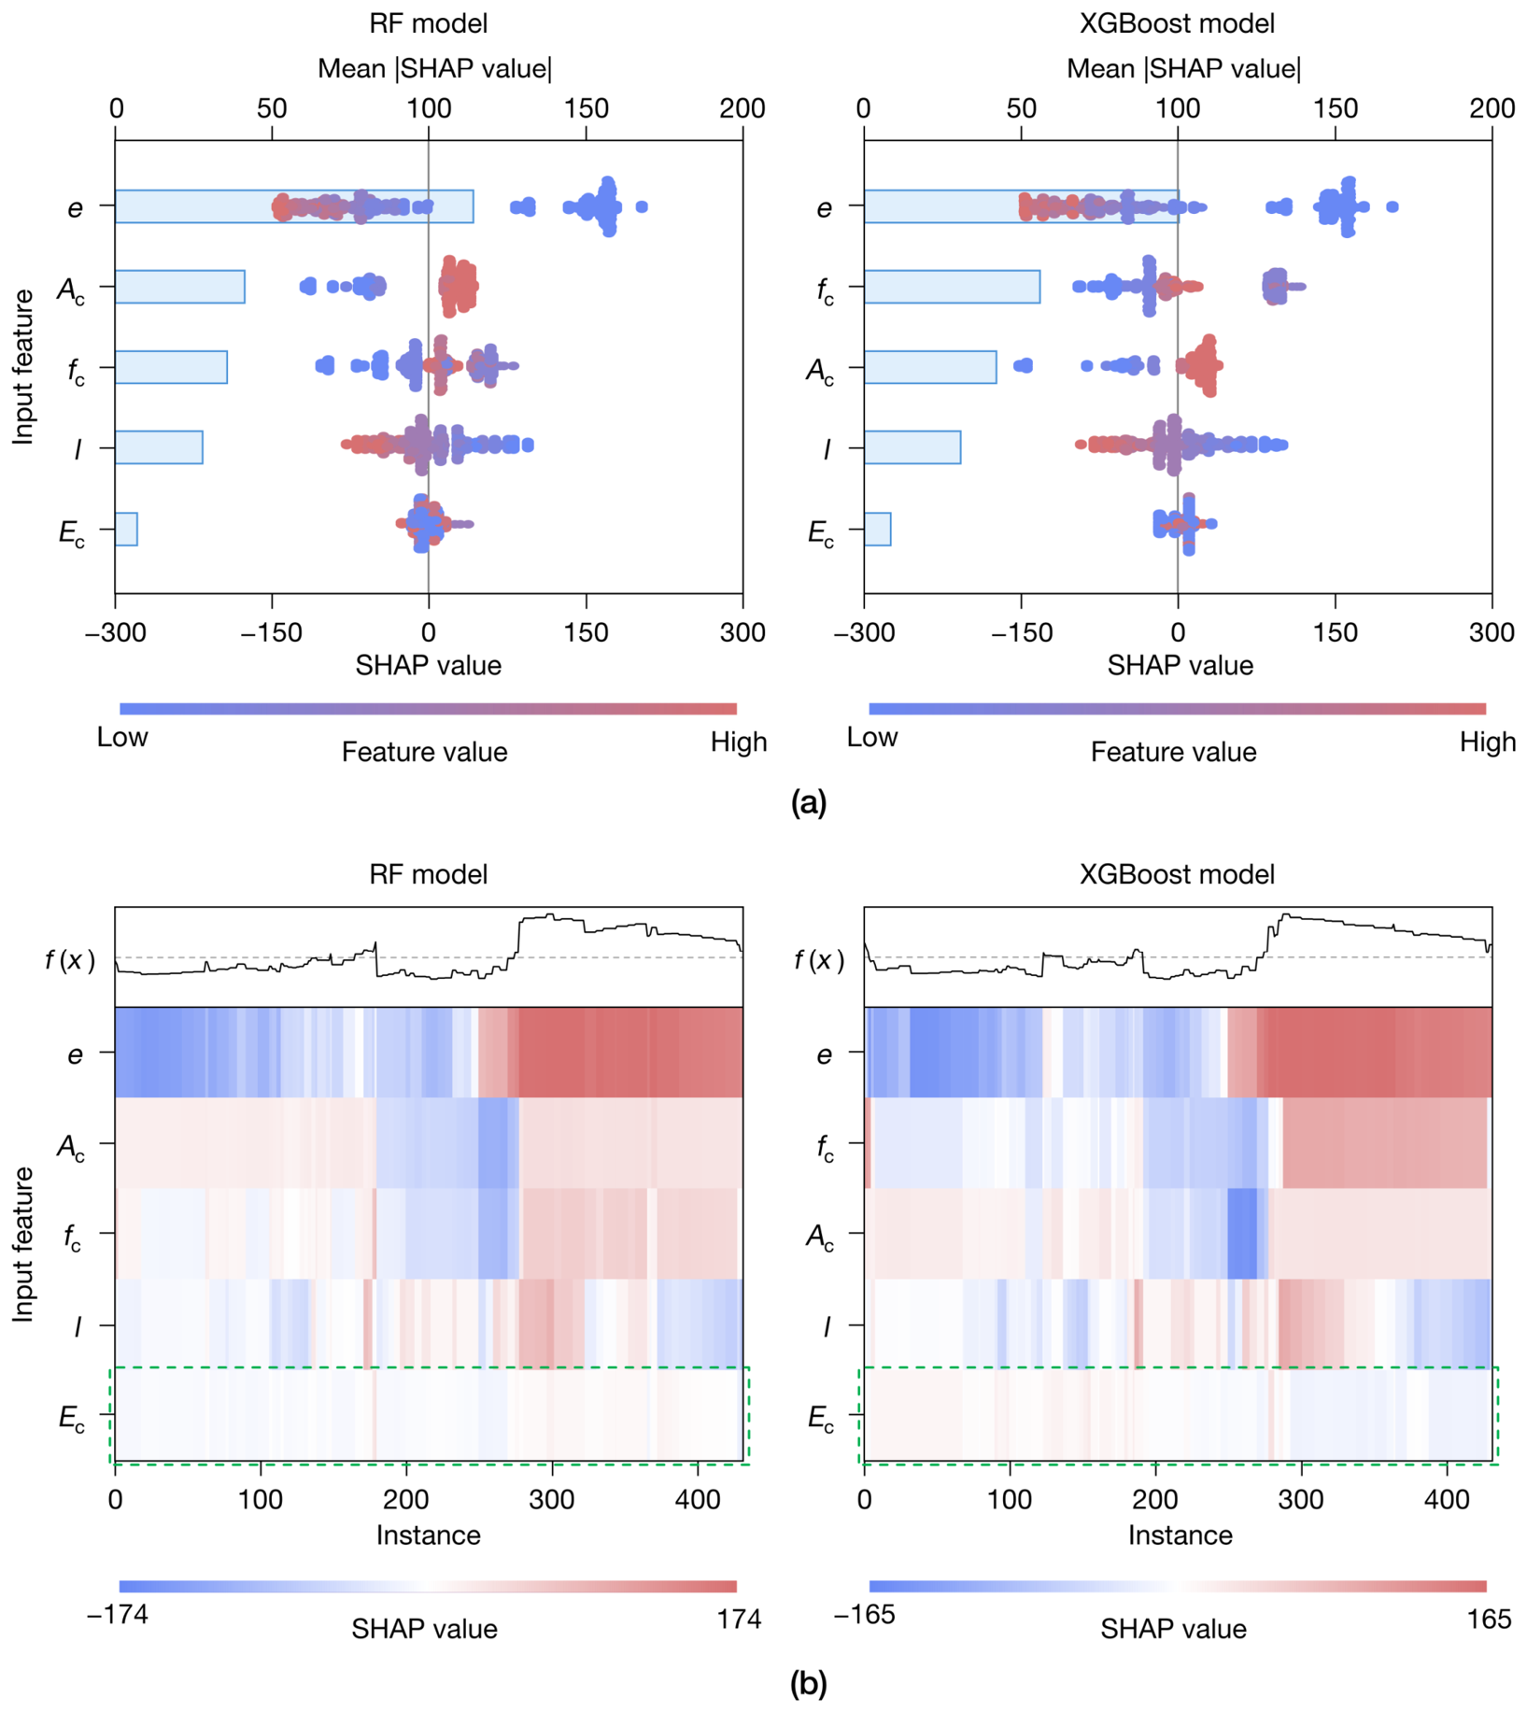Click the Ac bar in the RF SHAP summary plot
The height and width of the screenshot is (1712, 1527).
click(180, 287)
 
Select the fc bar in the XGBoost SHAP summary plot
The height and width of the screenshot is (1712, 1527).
click(953, 287)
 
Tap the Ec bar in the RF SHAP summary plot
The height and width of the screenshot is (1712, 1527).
click(127, 530)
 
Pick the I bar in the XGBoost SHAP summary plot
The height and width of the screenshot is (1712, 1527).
click(912, 447)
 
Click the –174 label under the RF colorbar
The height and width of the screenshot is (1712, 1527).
click(118, 1615)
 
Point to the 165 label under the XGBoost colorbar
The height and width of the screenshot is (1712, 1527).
click(1489, 1619)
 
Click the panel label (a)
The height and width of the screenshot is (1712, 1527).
click(809, 802)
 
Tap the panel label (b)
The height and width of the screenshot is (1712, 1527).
click(809, 1684)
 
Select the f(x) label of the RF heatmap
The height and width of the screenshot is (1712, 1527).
click(71, 959)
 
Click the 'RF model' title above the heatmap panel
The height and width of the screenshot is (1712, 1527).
click(429, 874)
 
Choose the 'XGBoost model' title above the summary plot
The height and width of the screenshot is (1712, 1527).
click(1178, 23)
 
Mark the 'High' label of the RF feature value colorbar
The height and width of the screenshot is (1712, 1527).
click(739, 743)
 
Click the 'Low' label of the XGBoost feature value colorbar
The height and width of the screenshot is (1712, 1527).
click(872, 738)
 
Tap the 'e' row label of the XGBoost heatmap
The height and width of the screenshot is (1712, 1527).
click(824, 1054)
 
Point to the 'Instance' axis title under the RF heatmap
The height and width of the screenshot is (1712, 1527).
click(429, 1535)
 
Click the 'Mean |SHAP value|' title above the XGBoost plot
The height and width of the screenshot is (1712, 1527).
click(1183, 69)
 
